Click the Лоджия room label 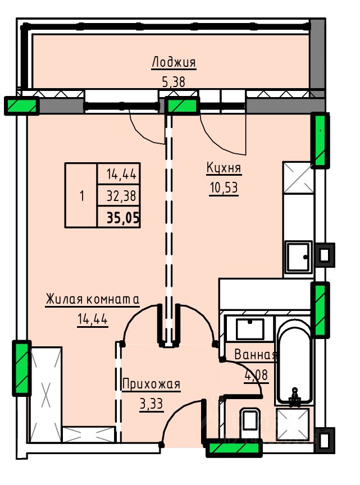pos(174,62)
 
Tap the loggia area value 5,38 pos(174,82)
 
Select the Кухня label pos(224,168)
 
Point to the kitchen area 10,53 pos(224,187)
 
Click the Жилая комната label pos(93,299)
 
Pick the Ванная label pos(256,354)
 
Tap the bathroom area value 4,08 pos(256,375)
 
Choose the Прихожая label pos(151,384)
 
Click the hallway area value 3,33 pos(151,404)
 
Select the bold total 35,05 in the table pos(123,218)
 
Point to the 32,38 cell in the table pos(121,196)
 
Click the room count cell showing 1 pos(82,196)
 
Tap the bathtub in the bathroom pos(293,362)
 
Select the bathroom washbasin pos(250,330)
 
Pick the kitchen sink pos(298,257)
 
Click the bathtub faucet pos(294,397)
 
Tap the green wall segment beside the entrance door pos(234,448)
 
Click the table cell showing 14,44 pos(121,175)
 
